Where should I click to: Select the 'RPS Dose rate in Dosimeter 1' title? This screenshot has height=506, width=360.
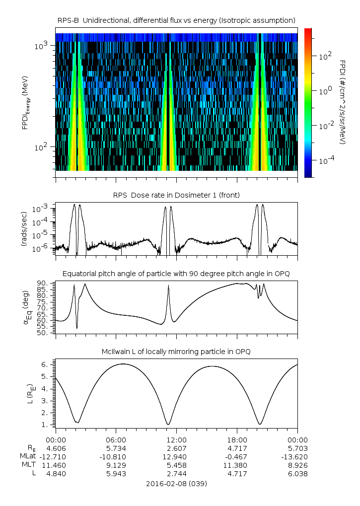click(176, 195)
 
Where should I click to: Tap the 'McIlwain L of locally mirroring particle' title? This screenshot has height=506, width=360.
click(176, 352)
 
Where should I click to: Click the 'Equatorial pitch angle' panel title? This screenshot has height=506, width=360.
click(176, 274)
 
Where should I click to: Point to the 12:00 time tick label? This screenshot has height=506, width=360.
click(176, 439)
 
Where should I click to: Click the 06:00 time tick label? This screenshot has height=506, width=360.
click(116, 439)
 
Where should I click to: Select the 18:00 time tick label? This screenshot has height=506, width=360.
click(237, 439)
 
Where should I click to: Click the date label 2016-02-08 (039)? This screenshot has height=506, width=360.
click(176, 483)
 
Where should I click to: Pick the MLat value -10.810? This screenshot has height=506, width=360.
click(116, 456)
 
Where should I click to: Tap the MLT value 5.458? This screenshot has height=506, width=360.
click(176, 465)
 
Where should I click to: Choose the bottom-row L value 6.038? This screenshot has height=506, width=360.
click(297, 474)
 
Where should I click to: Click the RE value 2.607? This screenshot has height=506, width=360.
click(176, 448)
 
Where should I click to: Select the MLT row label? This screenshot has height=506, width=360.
click(27, 465)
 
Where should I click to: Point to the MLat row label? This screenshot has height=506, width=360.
click(28, 456)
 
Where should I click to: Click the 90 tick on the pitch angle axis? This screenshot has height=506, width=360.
click(43, 283)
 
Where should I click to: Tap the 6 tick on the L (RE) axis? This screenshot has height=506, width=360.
click(45, 364)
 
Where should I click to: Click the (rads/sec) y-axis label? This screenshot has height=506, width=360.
click(24, 229)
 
